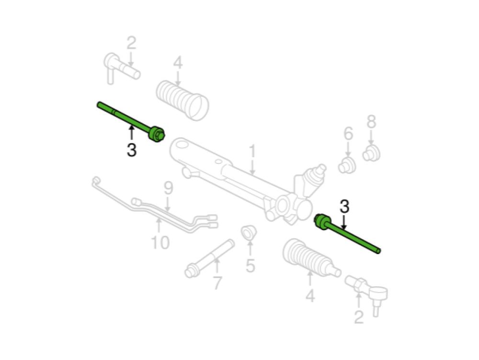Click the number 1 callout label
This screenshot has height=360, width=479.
coord(252,151)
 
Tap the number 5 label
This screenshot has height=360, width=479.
coord(250,265)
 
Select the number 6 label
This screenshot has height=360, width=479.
coord(348,133)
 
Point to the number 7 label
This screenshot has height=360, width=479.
coord(217,283)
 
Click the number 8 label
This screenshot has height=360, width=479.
coord(371,122)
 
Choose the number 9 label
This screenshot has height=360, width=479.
coord(168,188)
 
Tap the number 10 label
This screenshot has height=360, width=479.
coord(160,243)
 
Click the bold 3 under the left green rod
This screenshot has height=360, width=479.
coord(131,150)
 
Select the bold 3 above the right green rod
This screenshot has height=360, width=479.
coord(344,207)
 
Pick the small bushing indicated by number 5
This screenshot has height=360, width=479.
coord(249,233)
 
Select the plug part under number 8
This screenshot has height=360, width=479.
coord(372,153)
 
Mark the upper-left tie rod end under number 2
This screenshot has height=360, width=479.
coord(122,68)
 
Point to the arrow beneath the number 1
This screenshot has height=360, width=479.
coord(252,167)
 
